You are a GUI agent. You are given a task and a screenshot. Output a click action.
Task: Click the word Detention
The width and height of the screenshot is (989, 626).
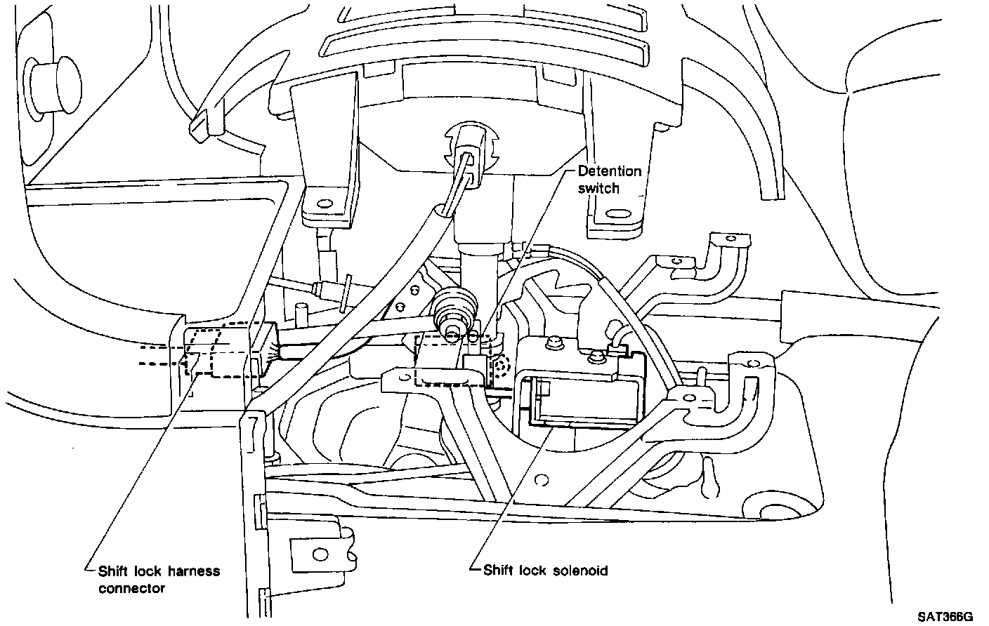(x=610, y=171)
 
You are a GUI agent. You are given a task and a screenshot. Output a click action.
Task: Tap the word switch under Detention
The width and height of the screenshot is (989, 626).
(x=594, y=188)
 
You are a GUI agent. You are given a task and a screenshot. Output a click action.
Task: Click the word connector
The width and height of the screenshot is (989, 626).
(x=131, y=588)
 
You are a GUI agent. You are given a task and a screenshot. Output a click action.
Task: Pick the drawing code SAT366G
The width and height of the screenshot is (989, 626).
(x=946, y=617)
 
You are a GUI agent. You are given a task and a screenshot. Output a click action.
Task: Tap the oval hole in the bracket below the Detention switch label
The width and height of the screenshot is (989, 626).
(x=618, y=213)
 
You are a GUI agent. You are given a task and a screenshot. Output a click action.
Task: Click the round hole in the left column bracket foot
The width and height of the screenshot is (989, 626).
(x=325, y=204)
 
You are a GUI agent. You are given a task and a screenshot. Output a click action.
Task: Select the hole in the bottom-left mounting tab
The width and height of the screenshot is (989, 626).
(x=321, y=554)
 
